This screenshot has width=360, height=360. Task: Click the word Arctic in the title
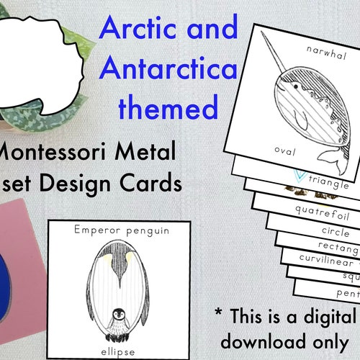point(135,30)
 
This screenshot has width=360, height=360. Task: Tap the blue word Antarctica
point(170,69)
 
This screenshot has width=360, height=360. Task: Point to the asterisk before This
point(220,312)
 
